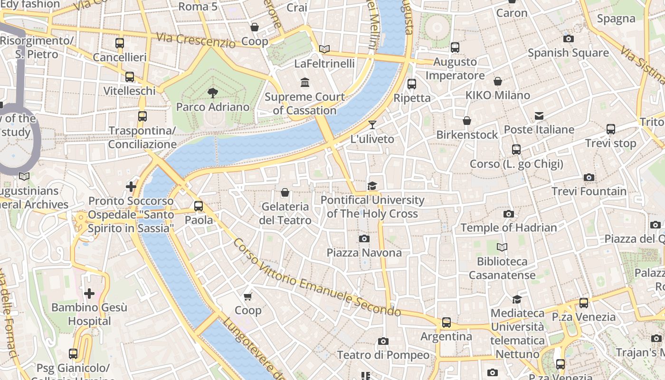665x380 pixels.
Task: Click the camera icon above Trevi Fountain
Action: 589,178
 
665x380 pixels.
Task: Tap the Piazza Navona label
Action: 364,252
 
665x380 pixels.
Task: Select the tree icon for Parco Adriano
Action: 213,93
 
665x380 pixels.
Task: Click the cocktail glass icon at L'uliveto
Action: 372,125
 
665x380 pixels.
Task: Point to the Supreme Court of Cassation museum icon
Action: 305,83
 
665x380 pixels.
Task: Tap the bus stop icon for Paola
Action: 199,206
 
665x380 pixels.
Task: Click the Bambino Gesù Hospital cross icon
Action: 89,294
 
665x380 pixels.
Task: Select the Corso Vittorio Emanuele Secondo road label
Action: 317,278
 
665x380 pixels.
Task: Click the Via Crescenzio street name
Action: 196,40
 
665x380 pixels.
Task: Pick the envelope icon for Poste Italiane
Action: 539,116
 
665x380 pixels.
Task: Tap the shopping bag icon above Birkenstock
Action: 467,121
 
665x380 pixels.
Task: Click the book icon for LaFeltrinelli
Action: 324,49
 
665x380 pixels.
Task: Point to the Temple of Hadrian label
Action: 509,228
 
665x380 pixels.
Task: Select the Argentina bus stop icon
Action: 446,323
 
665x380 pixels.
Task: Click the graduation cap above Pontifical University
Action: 372,186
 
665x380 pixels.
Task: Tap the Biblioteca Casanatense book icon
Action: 502,247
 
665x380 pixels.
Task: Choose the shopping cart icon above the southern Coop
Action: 247,297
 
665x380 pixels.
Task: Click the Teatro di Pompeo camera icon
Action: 383,341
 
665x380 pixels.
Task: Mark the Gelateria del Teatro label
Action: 285,213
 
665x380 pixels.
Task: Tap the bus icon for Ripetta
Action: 412,84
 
